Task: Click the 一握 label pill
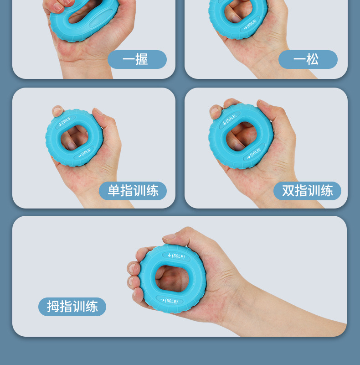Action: (137, 59)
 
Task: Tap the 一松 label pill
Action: (308, 59)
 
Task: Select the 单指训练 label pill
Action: (133, 191)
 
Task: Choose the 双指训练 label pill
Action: (307, 191)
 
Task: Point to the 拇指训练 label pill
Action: (72, 307)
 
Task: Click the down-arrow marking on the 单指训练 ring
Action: (60, 124)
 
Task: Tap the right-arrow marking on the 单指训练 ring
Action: (80, 156)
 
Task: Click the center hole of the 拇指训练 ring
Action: (172, 278)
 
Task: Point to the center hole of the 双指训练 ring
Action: (242, 136)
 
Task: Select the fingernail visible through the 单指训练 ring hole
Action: (72, 146)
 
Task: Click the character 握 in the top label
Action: (142, 59)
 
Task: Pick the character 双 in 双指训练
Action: (288, 191)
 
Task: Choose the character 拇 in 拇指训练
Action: (53, 306)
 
